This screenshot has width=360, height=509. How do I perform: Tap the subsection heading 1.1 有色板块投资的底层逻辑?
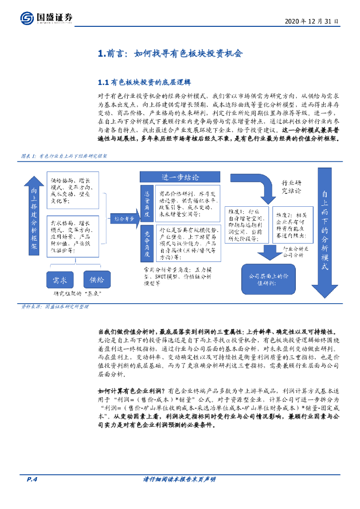(145, 82)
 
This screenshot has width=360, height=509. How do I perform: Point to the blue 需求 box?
(63, 281)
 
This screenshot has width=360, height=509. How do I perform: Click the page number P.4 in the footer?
(32, 479)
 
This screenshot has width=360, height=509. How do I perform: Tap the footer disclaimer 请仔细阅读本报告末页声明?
(179, 479)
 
